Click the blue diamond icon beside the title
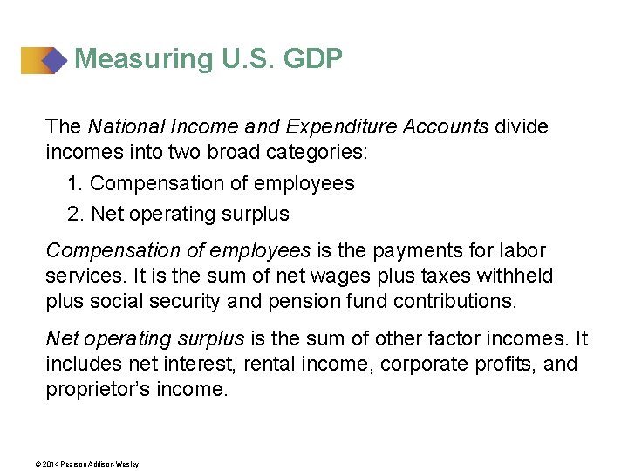click(x=54, y=59)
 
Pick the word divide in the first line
click(x=522, y=127)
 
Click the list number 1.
click(x=73, y=183)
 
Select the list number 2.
click(x=74, y=214)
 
